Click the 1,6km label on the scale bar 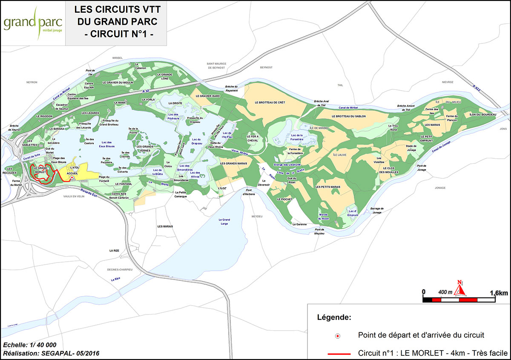(499, 293)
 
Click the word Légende (334, 317)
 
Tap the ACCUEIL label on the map (73, 174)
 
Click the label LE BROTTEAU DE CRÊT (270, 103)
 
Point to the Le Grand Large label (224, 221)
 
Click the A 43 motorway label (147, 91)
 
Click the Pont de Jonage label (421, 168)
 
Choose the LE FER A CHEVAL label (253, 138)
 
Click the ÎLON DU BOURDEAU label (483, 115)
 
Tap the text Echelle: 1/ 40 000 (29, 345)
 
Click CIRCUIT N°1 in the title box (116, 34)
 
